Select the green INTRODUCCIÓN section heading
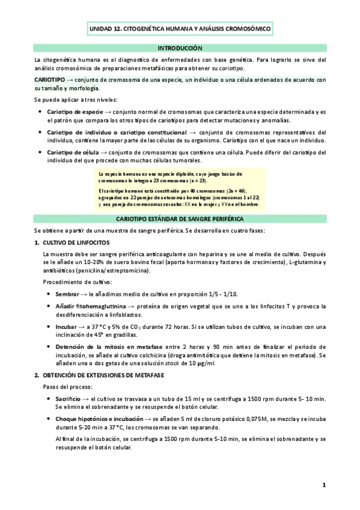(180, 48)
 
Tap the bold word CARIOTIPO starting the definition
(53, 79)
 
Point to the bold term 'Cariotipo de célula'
(73, 152)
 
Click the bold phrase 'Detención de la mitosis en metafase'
(100, 347)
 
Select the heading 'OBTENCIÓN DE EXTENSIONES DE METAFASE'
(106, 375)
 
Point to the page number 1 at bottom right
(323, 485)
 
